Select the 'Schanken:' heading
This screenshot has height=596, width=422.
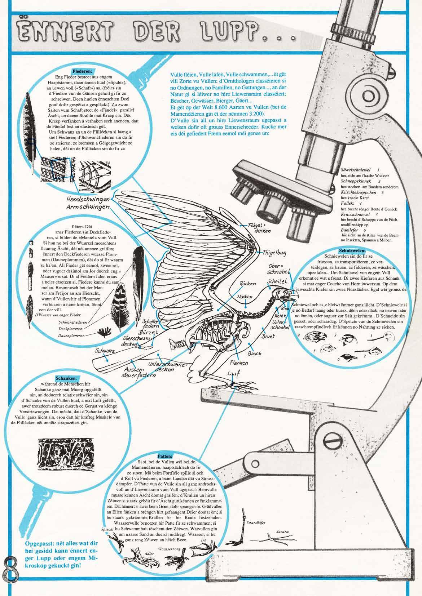(66, 378)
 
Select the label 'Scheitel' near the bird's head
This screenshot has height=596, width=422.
(277, 280)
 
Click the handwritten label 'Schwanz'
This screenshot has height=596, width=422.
(105, 350)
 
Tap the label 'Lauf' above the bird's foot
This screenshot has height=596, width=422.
(233, 374)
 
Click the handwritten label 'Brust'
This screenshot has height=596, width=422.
(268, 336)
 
